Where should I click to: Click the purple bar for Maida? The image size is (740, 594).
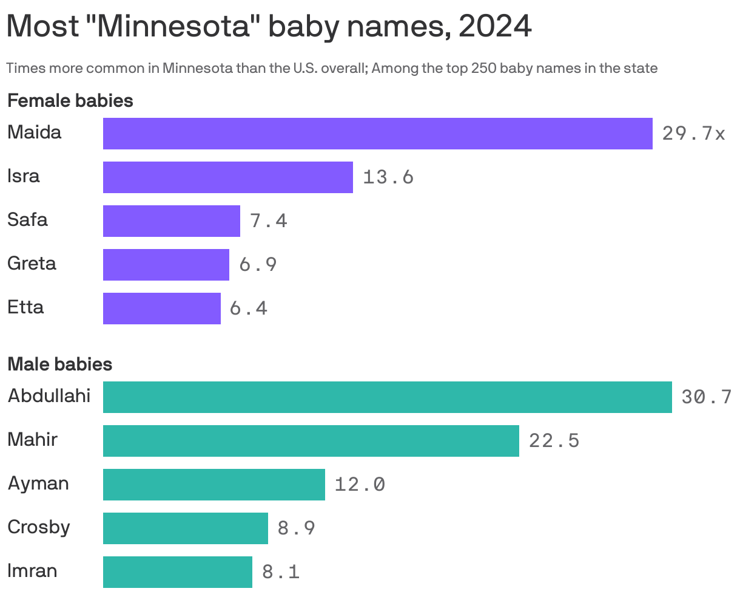377,134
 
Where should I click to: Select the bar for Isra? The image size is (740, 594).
227,177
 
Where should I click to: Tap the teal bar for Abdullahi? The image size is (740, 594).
387,397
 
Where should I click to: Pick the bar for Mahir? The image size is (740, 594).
311,441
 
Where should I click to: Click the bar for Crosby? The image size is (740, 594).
185,528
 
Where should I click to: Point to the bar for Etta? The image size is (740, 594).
161,309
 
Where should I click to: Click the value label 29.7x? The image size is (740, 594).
693,134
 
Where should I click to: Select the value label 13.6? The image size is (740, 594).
388,177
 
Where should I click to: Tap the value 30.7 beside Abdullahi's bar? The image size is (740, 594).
706,397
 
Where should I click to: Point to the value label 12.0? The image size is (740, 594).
360,485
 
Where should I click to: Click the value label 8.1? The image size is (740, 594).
281,572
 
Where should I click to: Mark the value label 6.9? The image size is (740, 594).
258,265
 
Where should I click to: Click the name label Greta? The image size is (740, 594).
32,264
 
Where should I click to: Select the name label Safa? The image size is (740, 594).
27,220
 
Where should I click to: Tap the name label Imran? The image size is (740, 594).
32,571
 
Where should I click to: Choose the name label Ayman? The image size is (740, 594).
38,483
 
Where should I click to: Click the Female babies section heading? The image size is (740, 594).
70,101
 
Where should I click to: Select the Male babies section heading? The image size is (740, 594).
59,364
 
